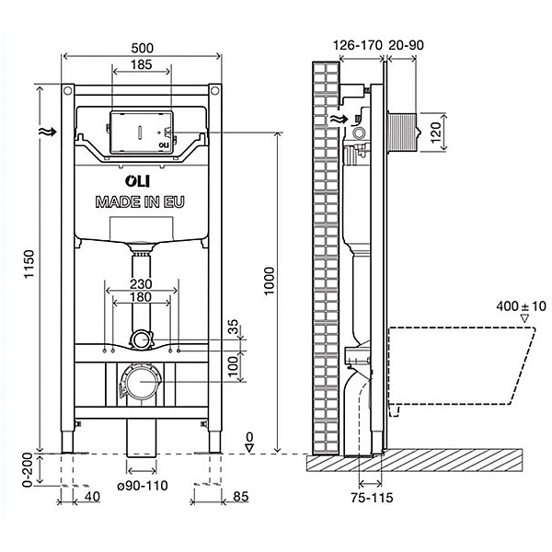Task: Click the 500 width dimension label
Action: pyautogui.click(x=143, y=48)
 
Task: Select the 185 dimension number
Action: pyautogui.click(x=141, y=64)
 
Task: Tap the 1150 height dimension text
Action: pyautogui.click(x=29, y=264)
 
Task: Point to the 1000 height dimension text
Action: pyautogui.click(x=269, y=281)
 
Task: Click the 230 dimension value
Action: pyautogui.click(x=141, y=283)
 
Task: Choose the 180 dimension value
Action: pyautogui.click(x=141, y=297)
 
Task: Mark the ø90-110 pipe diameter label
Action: pyautogui.click(x=143, y=486)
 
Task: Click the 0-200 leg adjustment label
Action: pyautogui.click(x=28, y=469)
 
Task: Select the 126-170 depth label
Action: pyautogui.click(x=357, y=45)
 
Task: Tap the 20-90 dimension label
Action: pyautogui.click(x=406, y=45)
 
